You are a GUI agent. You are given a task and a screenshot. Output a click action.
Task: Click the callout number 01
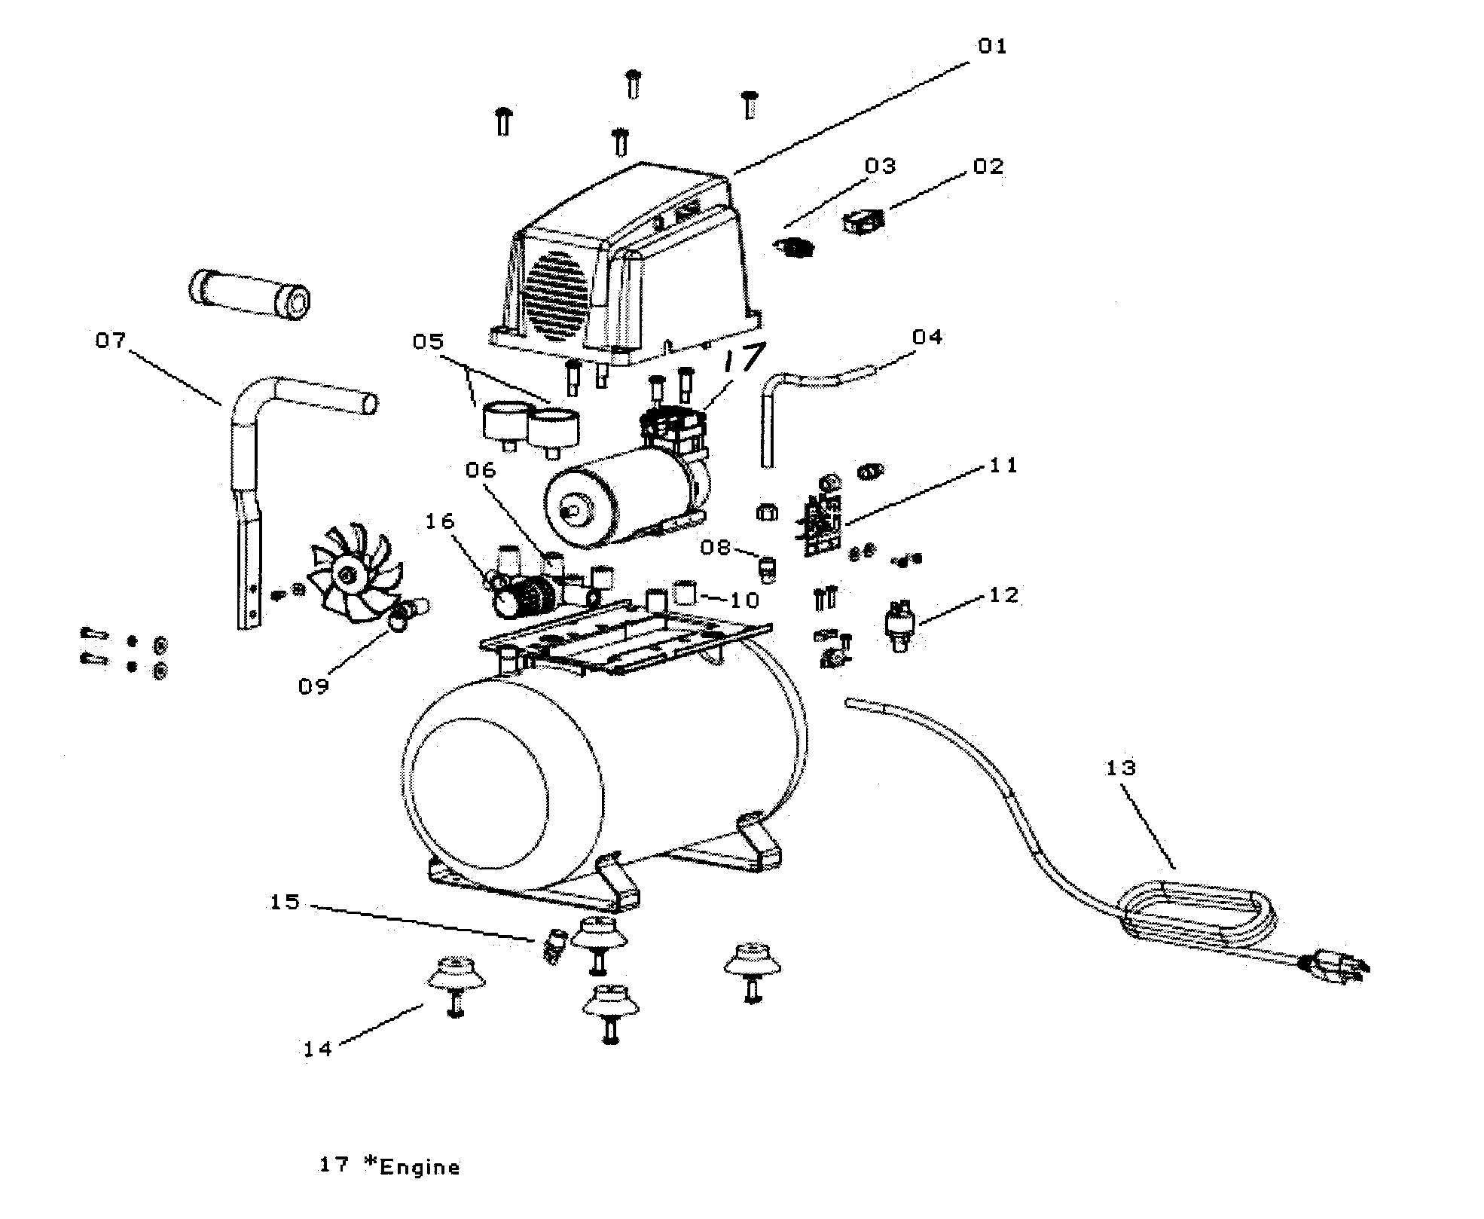(x=992, y=47)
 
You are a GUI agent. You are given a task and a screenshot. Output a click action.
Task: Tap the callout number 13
(x=1120, y=768)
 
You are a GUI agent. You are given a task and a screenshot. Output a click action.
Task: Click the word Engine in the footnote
(x=420, y=1168)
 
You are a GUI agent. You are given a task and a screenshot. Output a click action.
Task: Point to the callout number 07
(x=110, y=341)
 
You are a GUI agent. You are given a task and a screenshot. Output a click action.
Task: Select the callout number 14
(x=318, y=1049)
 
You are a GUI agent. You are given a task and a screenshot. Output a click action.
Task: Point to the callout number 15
(x=285, y=902)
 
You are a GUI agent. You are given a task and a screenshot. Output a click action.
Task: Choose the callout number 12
(x=1003, y=595)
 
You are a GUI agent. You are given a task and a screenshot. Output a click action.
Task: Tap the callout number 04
(x=927, y=337)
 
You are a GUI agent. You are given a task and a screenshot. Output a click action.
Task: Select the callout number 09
(x=313, y=686)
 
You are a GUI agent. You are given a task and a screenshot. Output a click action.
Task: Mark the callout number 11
(x=1003, y=466)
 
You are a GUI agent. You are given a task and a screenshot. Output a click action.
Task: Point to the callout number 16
(x=441, y=521)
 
